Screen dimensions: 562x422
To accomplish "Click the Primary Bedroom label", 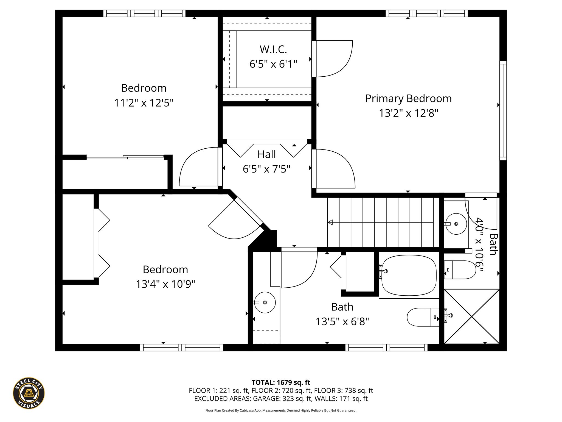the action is click(x=408, y=99).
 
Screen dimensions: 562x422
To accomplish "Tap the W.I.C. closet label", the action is click(x=273, y=49).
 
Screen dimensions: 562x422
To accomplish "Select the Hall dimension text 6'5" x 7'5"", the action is click(x=266, y=169).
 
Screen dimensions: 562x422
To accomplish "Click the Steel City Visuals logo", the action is click(x=29, y=393).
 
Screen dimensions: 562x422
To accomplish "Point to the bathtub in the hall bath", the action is click(x=409, y=276).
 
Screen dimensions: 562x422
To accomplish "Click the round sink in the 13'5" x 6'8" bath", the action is click(x=265, y=302).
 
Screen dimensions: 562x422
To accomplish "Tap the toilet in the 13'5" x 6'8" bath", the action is click(x=423, y=317).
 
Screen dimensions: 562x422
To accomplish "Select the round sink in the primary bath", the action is click(x=456, y=224).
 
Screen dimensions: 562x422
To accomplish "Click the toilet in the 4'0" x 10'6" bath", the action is click(x=460, y=270).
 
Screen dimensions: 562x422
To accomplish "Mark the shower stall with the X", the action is click(x=472, y=316).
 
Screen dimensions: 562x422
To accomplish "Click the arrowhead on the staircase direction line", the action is click(x=330, y=222).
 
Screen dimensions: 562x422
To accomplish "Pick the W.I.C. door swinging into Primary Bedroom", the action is click(x=332, y=59).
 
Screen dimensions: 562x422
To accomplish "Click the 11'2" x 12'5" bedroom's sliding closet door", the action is click(x=125, y=157).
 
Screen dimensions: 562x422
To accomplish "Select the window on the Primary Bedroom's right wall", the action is click(x=503, y=110).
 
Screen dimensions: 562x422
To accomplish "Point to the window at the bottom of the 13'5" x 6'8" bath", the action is click(x=386, y=348).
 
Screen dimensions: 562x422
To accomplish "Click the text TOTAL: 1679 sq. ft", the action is click(x=281, y=382).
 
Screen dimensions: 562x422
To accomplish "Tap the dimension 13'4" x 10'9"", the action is click(x=165, y=284).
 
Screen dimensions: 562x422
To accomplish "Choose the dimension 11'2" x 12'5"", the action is click(x=144, y=103).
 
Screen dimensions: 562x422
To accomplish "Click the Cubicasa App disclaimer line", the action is click(x=281, y=410).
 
